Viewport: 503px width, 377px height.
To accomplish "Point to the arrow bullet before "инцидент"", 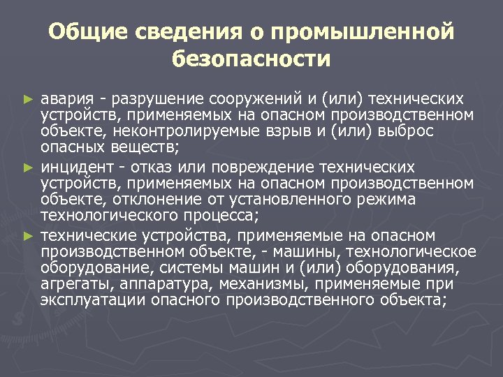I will click(x=29, y=168).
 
